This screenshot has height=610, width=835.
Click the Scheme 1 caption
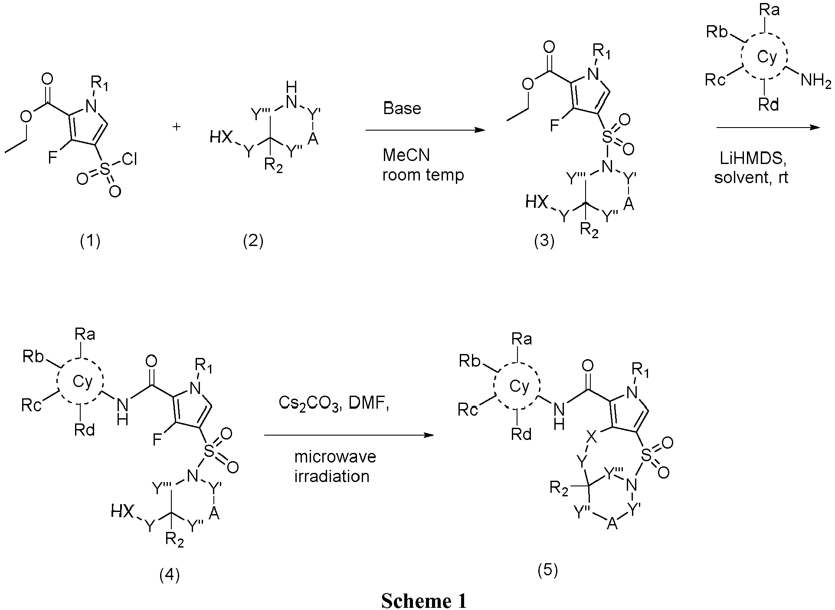424,601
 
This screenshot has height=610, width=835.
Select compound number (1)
90,240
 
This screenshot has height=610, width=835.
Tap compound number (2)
253,240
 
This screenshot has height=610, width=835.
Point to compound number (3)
544,241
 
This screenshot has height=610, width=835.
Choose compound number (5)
547,570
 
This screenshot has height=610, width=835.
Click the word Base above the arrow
402,108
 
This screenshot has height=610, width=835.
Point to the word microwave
335,456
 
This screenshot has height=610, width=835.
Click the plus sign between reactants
177,127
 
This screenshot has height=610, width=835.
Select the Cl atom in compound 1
129,161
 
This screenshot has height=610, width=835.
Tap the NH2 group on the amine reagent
816,81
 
